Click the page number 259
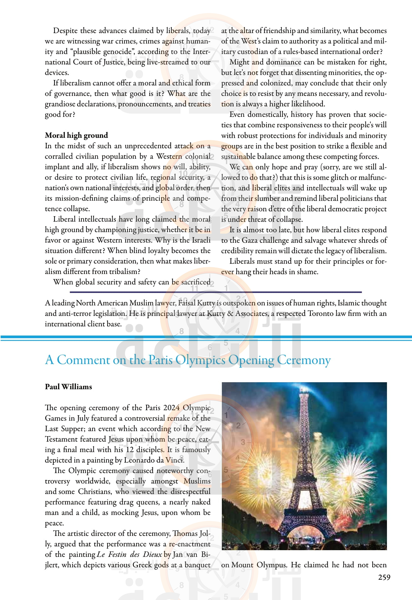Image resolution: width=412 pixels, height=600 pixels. click(x=384, y=577)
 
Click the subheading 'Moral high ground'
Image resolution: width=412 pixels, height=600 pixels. click(x=76, y=135)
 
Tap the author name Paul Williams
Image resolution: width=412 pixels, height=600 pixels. click(x=68, y=387)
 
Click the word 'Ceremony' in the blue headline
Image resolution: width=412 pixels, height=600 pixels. click(x=304, y=360)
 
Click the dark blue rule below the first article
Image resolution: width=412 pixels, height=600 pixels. click(x=216, y=292)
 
